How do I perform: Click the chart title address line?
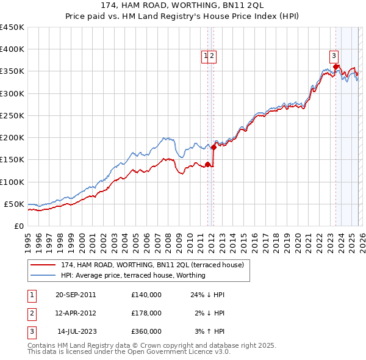point(183,5)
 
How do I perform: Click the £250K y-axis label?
point(12,115)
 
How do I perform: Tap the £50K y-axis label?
point(14,204)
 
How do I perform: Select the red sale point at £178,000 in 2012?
point(213,147)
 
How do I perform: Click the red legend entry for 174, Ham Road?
point(152,265)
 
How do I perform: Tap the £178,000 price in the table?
point(146,313)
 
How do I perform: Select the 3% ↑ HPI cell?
point(210,331)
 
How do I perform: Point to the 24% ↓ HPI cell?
point(207,295)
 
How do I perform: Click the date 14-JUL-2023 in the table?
point(76,331)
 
